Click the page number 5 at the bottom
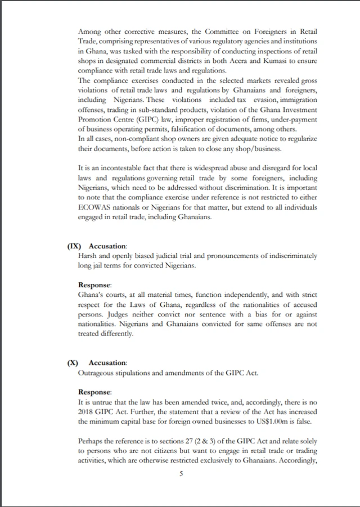pos(181,474)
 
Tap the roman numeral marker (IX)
pos(75,246)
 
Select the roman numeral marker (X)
pos(73,363)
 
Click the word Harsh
pos(88,256)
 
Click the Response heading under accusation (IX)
pos(95,284)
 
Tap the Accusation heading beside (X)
pos(109,363)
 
